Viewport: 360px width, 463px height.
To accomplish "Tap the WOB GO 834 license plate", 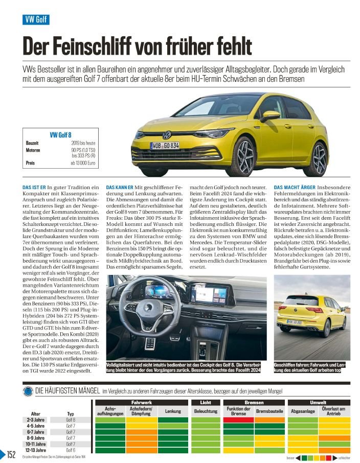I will pyautogui.click(x=165, y=146).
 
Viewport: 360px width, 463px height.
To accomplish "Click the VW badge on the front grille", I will pyautogui.click(x=167, y=135).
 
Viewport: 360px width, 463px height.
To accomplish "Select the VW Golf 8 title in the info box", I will pyautogui.click(x=60, y=134).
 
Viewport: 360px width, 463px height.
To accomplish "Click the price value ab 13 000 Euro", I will pyautogui.click(x=83, y=163).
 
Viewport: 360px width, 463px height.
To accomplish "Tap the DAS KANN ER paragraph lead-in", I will pyautogui.click(x=119, y=188).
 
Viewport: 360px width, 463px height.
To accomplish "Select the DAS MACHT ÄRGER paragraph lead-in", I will pyautogui.click(x=295, y=188).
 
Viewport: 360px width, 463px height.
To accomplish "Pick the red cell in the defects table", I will pyautogui.click(x=239, y=420).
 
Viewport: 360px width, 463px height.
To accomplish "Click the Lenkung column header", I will pyautogui.click(x=173, y=411).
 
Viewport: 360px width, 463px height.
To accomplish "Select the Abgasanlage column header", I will pyautogui.click(x=302, y=411).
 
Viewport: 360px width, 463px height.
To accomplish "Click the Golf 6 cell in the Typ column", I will pyautogui.click(x=71, y=450).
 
